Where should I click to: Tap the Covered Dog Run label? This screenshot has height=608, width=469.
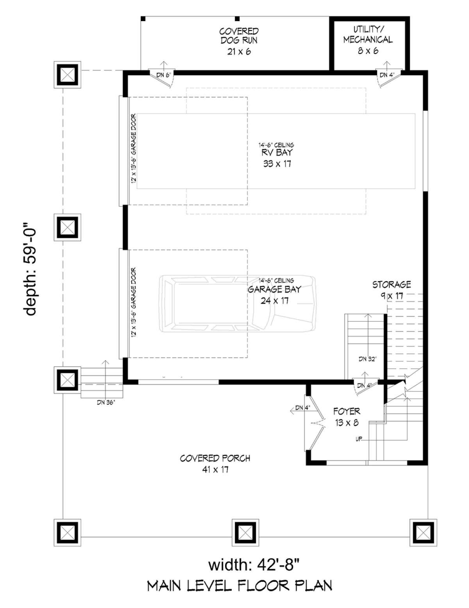tap(239, 41)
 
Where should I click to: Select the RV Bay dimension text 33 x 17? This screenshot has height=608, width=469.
tap(277, 164)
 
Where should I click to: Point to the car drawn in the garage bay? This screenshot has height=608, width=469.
tap(238, 304)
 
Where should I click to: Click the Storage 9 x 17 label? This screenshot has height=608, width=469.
tap(392, 290)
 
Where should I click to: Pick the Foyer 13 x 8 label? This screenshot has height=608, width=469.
tap(347, 417)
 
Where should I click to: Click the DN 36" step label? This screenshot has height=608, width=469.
tap(106, 403)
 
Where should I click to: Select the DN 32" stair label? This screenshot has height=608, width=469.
tap(367, 359)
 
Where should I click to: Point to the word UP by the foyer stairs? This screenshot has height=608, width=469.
tap(359, 439)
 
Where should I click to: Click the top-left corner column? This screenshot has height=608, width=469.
tap(67, 75)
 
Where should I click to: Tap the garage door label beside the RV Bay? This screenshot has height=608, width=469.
tap(134, 149)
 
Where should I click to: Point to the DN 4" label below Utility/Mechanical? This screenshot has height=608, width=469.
tap(387, 75)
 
